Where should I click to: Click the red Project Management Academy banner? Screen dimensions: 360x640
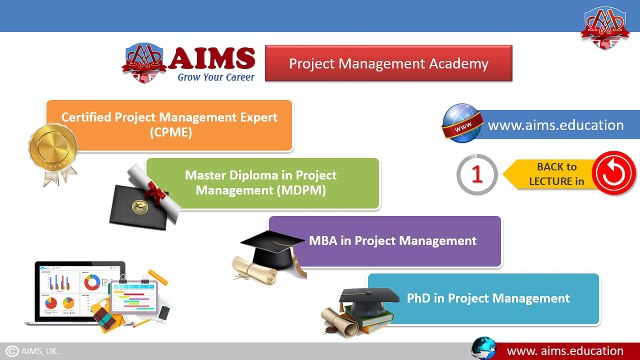[389, 63]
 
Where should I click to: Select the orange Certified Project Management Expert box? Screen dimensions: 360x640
[169, 124]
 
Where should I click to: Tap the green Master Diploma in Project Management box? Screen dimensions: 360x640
[262, 182]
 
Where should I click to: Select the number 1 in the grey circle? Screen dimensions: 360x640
[477, 175]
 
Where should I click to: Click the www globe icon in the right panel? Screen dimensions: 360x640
[462, 125]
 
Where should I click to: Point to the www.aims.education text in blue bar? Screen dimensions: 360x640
[555, 125]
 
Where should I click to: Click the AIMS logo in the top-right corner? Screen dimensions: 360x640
[606, 22]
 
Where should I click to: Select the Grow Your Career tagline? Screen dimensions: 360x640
[216, 76]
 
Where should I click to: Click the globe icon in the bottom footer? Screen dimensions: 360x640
[484, 348]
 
